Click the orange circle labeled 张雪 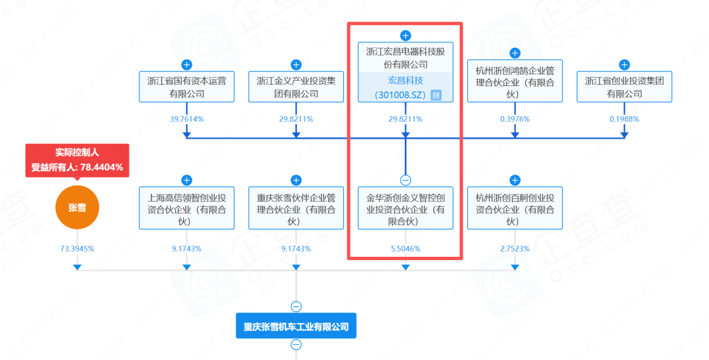77,208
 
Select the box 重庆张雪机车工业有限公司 295,326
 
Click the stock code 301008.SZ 400,95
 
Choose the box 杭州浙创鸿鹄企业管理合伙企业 515,81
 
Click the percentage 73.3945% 77,249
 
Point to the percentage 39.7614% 186,120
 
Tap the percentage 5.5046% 406,249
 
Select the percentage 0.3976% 515,120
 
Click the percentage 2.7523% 515,249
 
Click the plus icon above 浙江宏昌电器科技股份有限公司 406,35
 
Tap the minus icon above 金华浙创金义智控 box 406,180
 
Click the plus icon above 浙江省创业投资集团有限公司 624,64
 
